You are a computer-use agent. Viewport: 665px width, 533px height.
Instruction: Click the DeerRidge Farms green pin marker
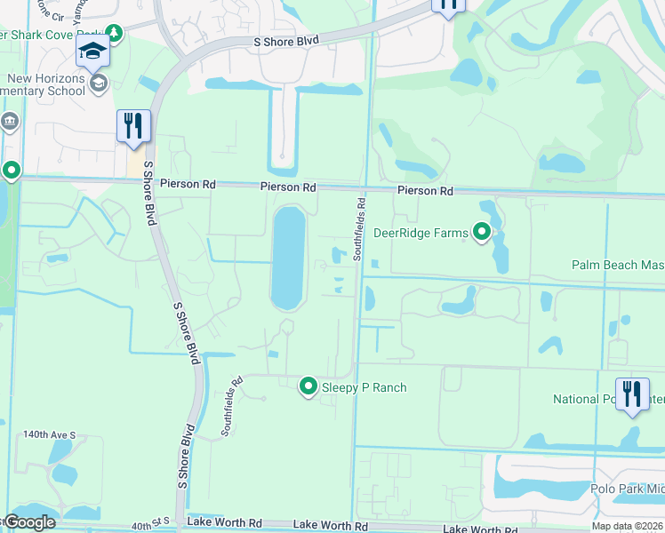[482, 233]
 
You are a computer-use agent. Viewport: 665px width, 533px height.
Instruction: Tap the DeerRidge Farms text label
[421, 234]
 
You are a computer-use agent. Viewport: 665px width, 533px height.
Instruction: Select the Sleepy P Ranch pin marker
[308, 386]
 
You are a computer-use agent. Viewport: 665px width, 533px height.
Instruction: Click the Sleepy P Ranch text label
[364, 387]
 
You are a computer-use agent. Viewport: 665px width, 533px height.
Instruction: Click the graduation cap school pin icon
[92, 52]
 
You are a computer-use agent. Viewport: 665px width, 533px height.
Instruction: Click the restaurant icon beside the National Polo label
[632, 393]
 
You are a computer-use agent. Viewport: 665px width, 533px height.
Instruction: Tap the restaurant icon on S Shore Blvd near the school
[133, 125]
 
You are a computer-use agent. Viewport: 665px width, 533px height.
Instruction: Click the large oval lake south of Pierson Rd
[288, 257]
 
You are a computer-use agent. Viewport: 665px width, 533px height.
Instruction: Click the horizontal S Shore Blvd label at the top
[286, 42]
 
